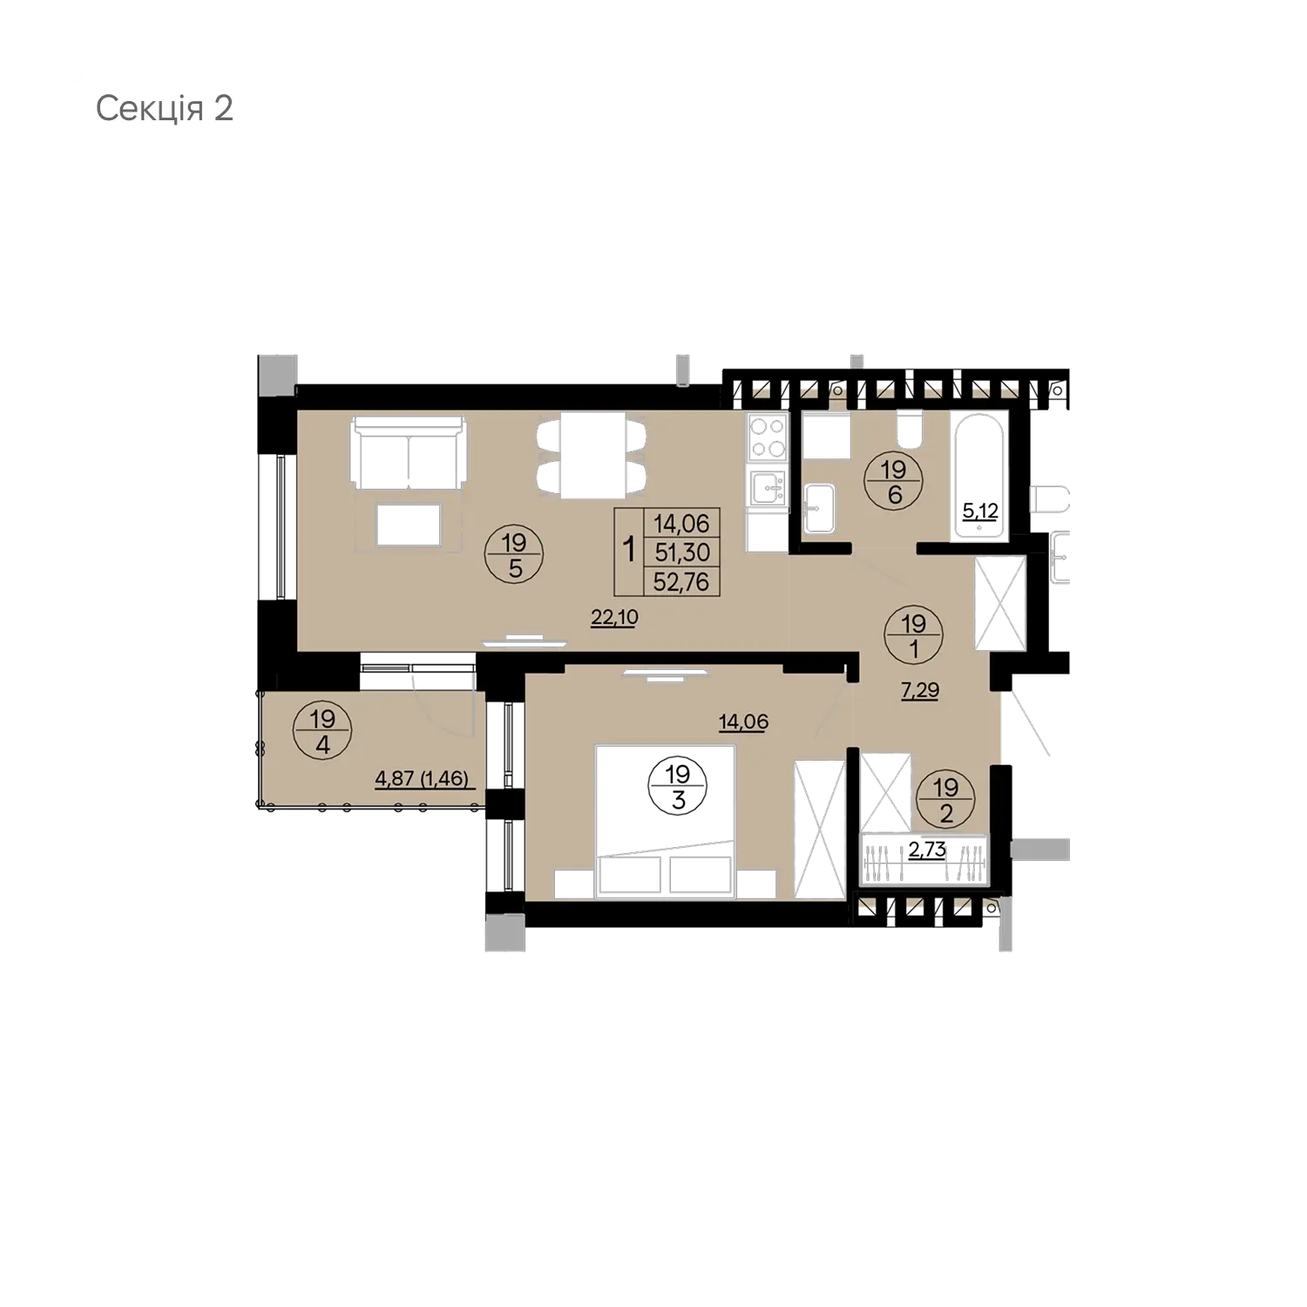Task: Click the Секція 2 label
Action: coord(164,110)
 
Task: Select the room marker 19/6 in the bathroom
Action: coord(893,483)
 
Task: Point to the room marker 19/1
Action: coord(913,635)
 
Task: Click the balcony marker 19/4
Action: coord(322,732)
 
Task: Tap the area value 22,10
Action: coord(614,618)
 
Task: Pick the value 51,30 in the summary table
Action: coord(681,552)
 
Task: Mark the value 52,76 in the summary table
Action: coord(681,580)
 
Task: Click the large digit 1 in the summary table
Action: coord(627,552)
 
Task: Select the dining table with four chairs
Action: coord(594,456)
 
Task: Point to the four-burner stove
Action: coord(768,438)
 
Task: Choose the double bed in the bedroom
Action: coord(664,819)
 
